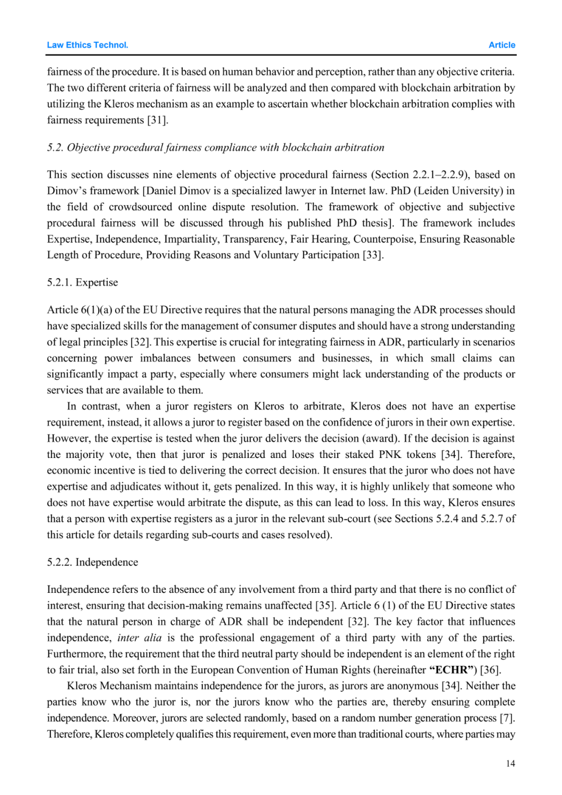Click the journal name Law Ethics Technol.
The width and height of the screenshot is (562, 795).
(x=87, y=45)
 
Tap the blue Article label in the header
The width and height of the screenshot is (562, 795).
(x=502, y=45)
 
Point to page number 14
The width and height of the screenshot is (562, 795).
(x=510, y=763)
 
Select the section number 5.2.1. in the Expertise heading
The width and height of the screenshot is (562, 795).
(x=60, y=282)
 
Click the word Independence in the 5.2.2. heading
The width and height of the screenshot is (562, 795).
(x=107, y=562)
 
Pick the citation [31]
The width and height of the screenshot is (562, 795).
(x=158, y=120)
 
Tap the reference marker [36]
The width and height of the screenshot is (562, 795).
(x=490, y=670)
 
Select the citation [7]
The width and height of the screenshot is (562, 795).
(x=507, y=718)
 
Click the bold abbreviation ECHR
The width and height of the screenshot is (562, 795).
(x=452, y=670)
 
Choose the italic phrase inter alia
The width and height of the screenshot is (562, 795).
(x=139, y=638)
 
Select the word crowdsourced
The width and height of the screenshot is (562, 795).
(x=140, y=207)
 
